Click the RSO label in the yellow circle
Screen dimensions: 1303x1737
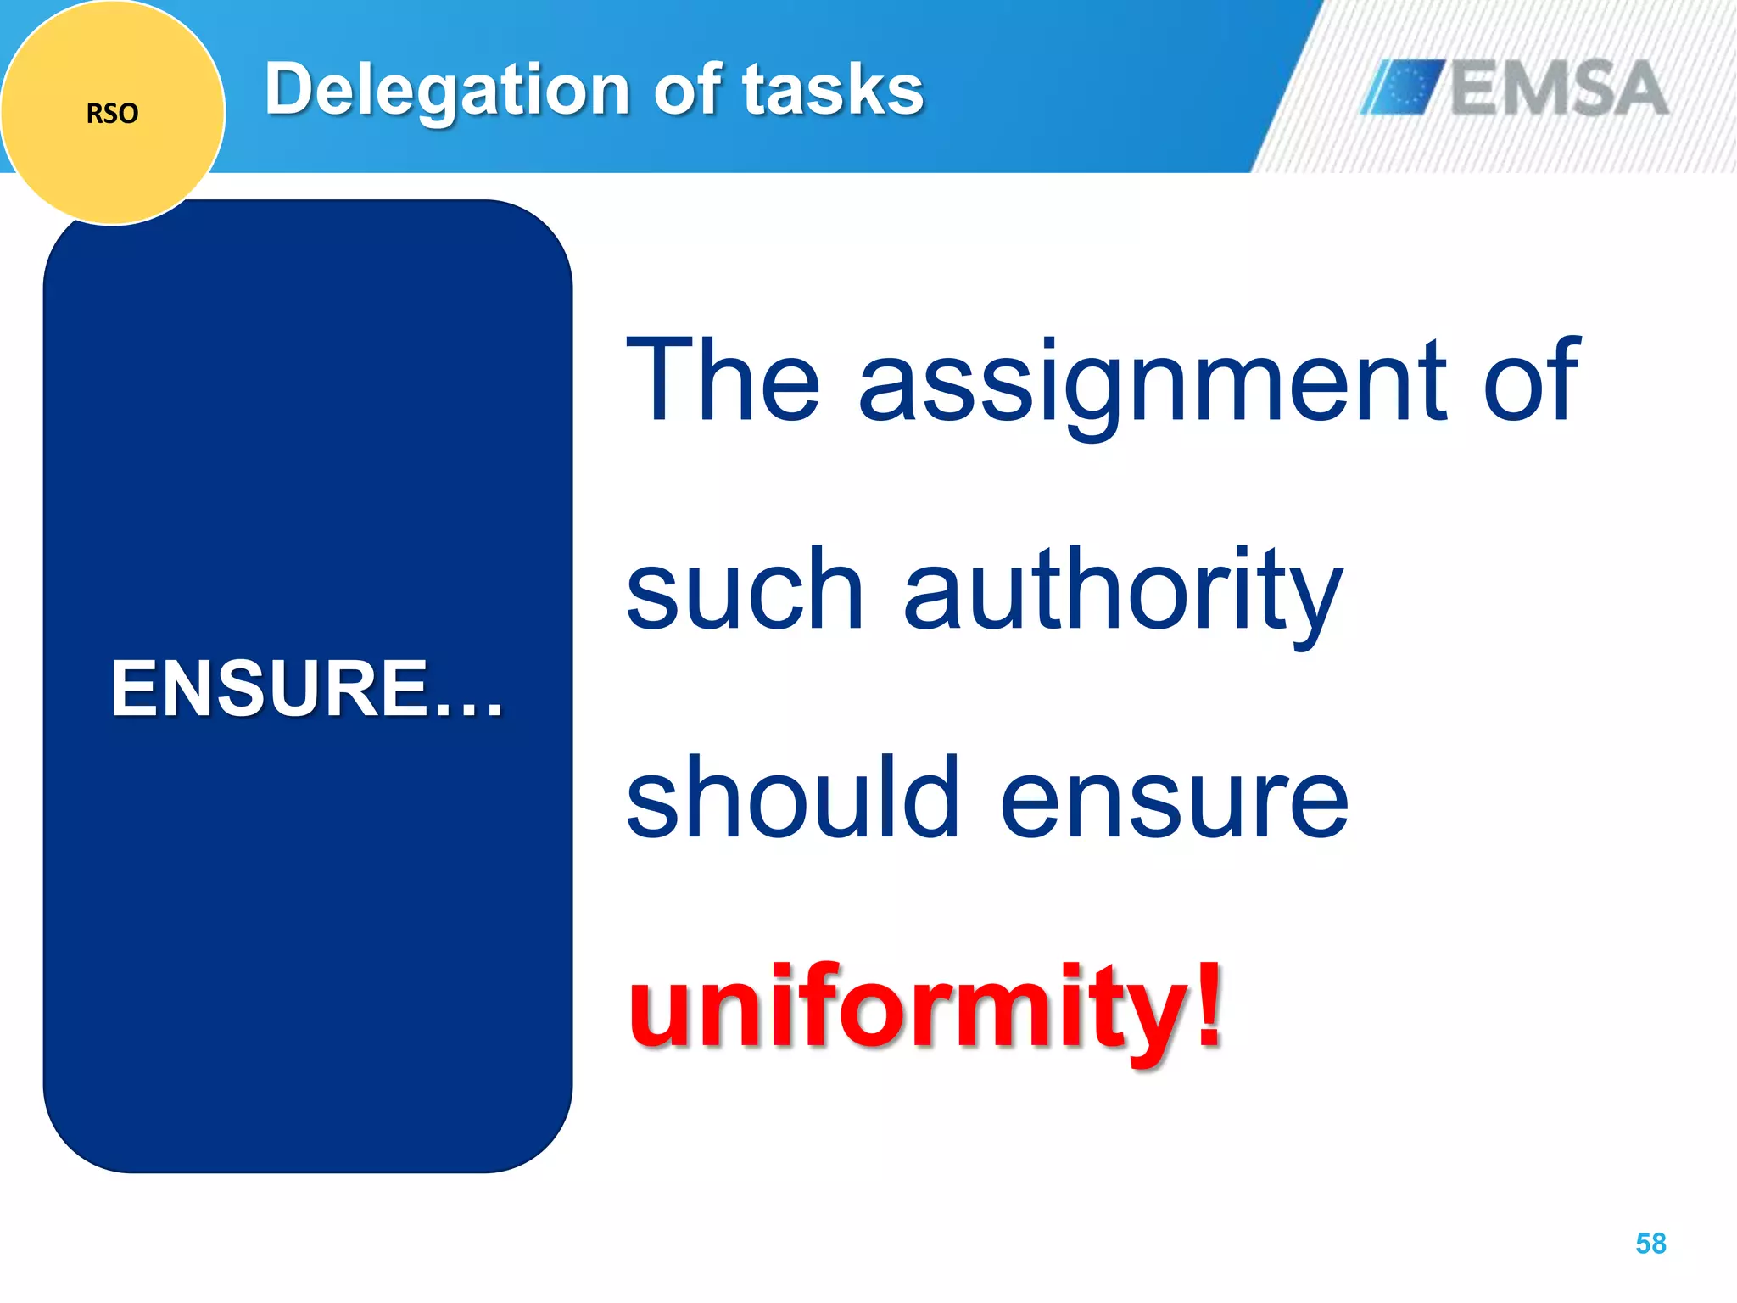click(112, 113)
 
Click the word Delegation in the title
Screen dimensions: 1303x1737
click(446, 90)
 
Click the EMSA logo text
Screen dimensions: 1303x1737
click(1559, 87)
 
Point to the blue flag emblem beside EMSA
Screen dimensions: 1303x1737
click(1403, 87)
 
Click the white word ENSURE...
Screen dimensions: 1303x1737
click(270, 688)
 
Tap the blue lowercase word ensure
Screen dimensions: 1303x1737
click(1175, 802)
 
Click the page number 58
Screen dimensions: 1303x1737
click(1650, 1244)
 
